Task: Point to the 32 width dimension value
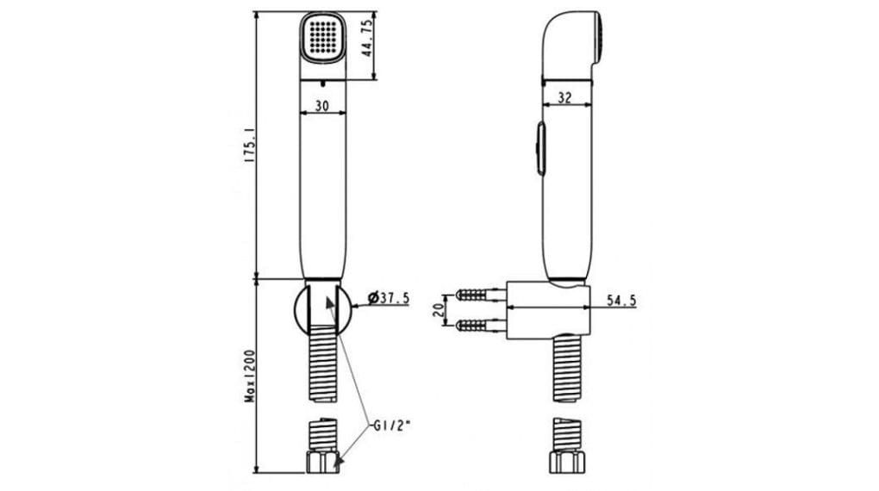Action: [565, 98]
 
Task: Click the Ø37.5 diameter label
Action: [388, 298]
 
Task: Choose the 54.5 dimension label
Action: [621, 300]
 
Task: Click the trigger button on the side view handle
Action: [539, 148]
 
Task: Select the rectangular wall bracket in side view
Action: [549, 308]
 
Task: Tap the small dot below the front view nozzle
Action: [321, 84]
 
